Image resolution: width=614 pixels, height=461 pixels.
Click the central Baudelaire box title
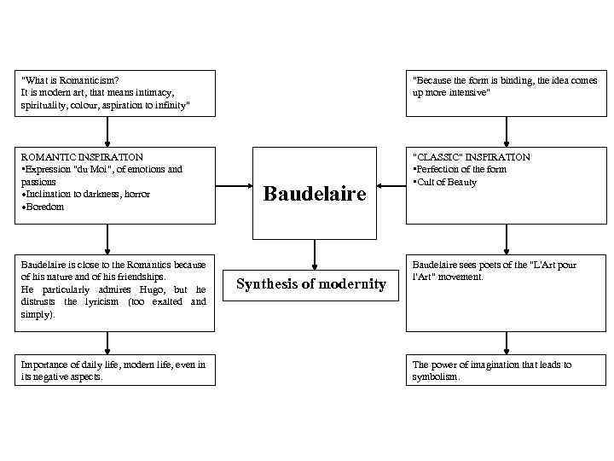click(x=315, y=194)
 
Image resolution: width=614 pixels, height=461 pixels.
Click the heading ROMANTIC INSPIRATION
click(x=82, y=157)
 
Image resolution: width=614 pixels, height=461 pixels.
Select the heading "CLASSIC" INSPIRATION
click(x=472, y=157)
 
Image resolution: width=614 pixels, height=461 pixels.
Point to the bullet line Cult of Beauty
click(x=447, y=182)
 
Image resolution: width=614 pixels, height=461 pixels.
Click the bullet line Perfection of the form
click(x=460, y=169)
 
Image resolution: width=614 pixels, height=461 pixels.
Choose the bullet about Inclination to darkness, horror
click(x=86, y=194)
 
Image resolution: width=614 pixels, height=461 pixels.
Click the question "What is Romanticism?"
click(x=70, y=79)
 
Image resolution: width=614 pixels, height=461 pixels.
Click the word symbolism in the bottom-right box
click(x=435, y=376)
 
